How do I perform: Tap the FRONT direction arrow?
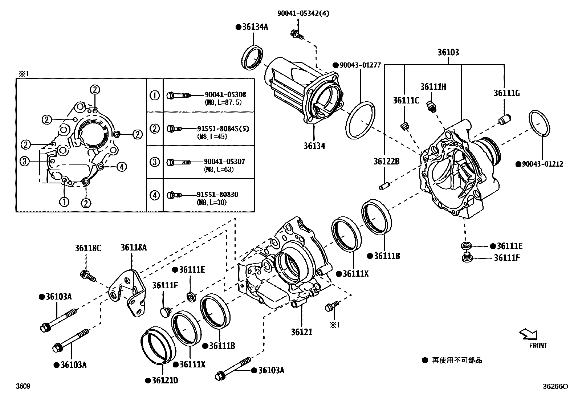[x=528, y=334]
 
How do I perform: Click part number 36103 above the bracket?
[x=448, y=52]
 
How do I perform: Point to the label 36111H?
[x=433, y=87]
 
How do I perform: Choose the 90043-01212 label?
[x=542, y=164]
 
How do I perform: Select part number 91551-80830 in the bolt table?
[x=217, y=195]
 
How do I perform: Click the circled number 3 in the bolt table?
[x=155, y=162]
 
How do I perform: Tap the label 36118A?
[x=134, y=248]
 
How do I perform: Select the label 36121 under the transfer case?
[x=301, y=332]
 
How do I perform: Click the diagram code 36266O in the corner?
[x=555, y=387]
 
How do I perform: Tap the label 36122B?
[x=386, y=161]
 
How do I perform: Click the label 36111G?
[x=506, y=93]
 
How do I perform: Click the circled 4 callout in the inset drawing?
[x=122, y=167]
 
